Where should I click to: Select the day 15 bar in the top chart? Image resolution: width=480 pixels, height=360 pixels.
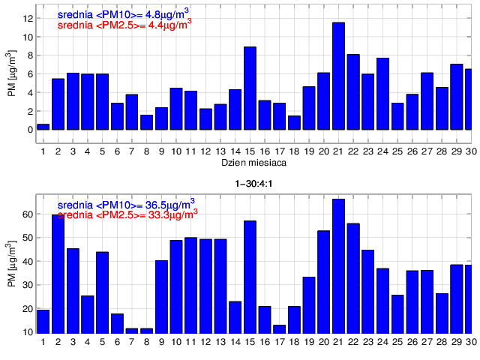click(250, 93)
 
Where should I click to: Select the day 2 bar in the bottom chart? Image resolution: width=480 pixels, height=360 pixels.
click(58, 274)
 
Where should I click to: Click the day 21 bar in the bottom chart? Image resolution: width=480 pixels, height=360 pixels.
click(338, 266)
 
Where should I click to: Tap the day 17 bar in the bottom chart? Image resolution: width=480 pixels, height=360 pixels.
click(279, 328)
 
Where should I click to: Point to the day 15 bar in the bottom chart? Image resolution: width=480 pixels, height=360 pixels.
click(250, 277)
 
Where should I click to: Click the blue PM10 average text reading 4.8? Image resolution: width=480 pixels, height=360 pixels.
click(124, 13)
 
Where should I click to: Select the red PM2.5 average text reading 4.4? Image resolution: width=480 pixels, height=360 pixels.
click(124, 25)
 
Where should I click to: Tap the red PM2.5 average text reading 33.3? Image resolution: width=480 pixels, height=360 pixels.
click(127, 213)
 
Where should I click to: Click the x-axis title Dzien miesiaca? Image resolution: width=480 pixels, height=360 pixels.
click(253, 162)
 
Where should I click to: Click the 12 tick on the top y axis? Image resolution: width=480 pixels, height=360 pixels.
click(28, 18)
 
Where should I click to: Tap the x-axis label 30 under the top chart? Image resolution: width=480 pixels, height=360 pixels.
click(470, 151)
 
